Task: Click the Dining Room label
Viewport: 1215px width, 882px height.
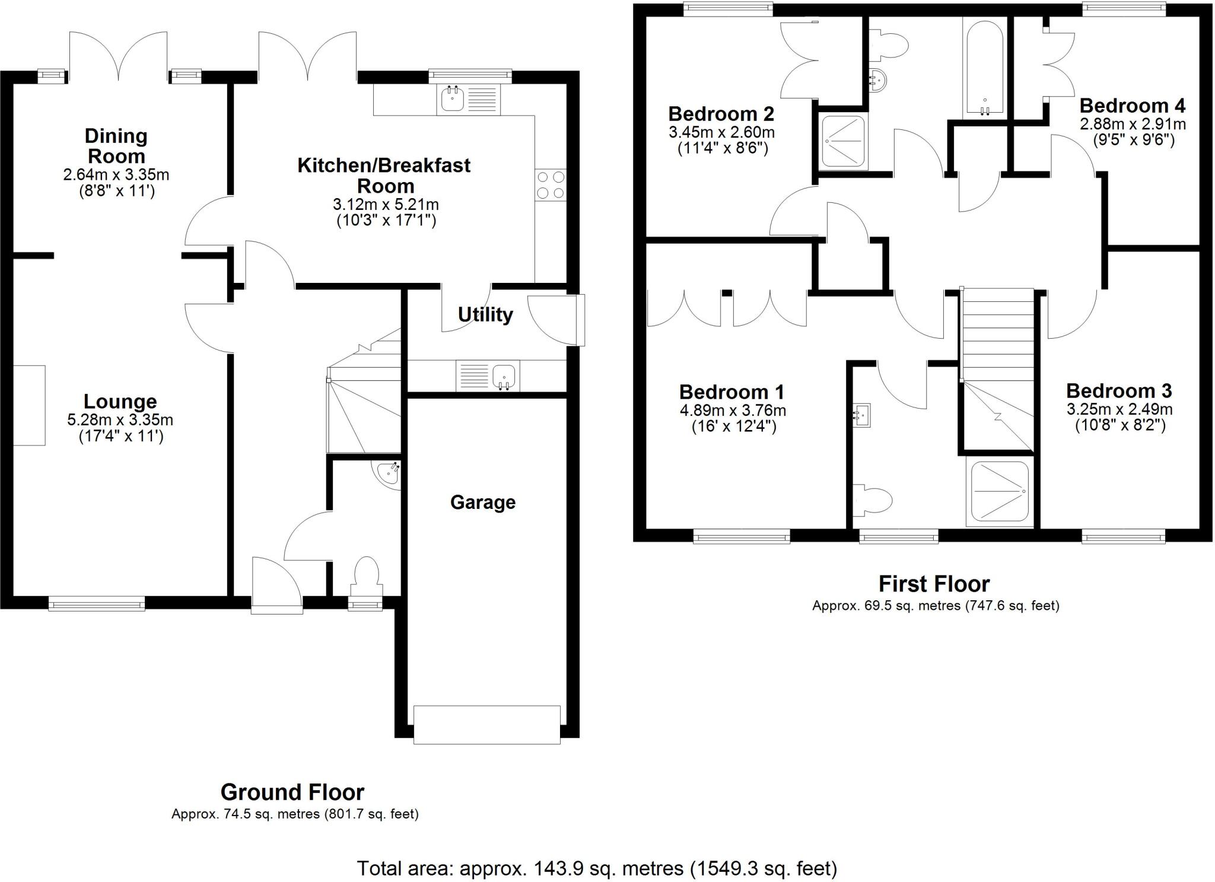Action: (116, 146)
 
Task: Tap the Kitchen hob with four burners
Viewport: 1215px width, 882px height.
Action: (550, 185)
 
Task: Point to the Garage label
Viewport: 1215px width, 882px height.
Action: (482, 502)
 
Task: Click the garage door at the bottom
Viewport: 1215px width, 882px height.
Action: (486, 724)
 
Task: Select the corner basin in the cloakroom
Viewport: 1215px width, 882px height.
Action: (389, 473)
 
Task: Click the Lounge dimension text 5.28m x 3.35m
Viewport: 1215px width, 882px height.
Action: (120, 421)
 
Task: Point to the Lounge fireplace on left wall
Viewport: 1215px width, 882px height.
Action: (29, 405)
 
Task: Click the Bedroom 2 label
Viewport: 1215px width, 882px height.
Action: (721, 114)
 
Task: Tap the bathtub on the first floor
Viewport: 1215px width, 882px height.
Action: (984, 68)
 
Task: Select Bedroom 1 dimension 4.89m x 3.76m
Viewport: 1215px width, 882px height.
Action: (732, 410)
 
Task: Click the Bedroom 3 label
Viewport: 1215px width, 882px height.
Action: (1118, 391)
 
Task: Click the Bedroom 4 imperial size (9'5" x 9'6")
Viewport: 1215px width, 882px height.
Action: (1133, 140)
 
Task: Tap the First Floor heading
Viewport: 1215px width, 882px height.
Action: (934, 584)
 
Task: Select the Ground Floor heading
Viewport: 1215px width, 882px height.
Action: (292, 792)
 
